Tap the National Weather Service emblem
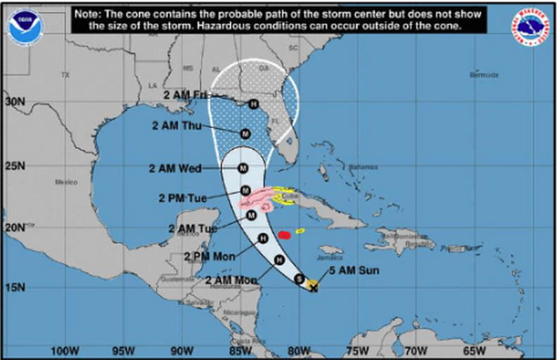[x=530, y=27]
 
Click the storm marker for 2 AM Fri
[x=253, y=104]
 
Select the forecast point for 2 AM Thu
[x=245, y=134]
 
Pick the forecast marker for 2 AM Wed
[x=243, y=168]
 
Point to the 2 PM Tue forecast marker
[x=245, y=191]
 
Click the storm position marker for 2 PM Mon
[x=262, y=238]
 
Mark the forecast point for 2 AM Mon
[x=278, y=260]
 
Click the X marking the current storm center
[x=314, y=286]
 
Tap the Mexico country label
[x=66, y=182]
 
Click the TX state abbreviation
[x=65, y=75]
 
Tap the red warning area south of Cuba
[x=284, y=235]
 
